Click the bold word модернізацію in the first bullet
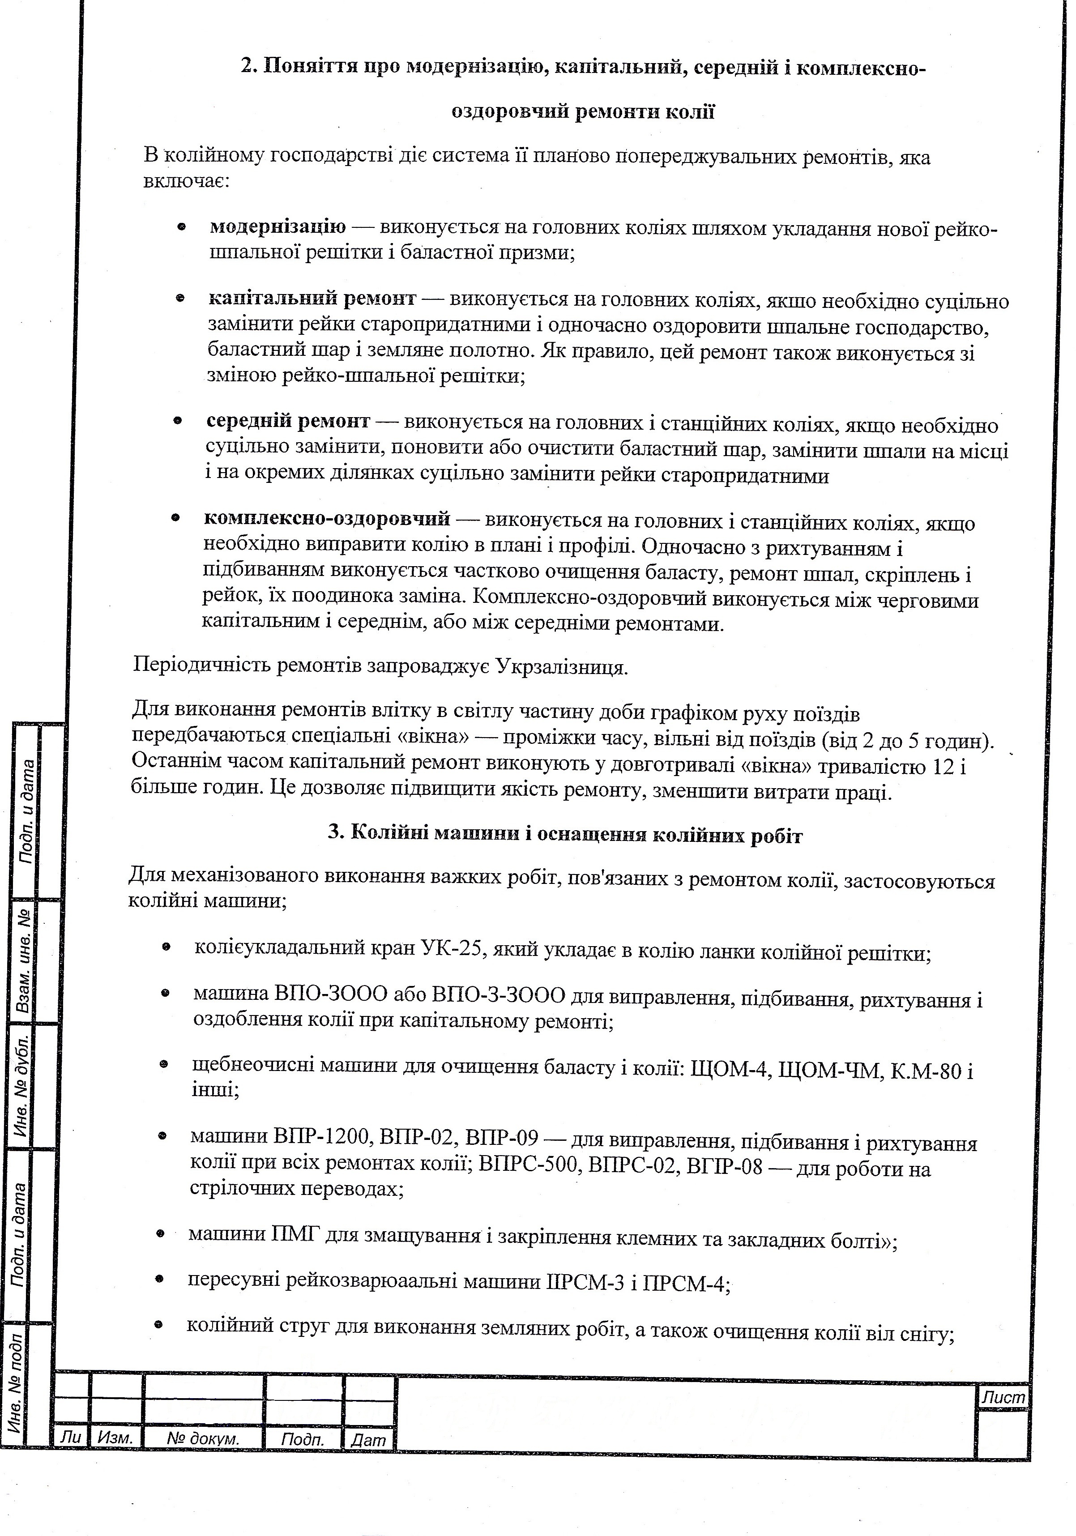point(278,227)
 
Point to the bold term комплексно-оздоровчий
point(327,518)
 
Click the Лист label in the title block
point(1003,1397)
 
